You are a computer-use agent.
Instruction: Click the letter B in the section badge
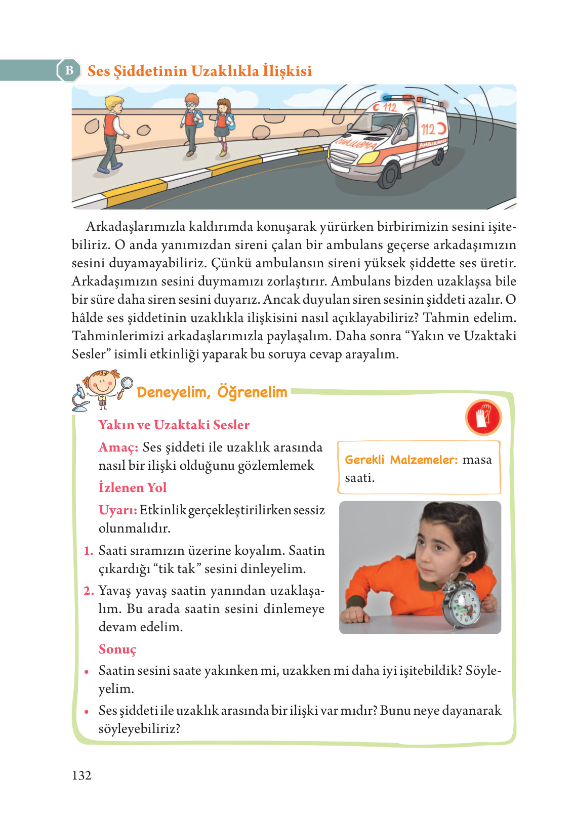point(69,71)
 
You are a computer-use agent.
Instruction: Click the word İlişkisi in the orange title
point(286,71)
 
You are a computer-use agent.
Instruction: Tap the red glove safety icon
point(483,418)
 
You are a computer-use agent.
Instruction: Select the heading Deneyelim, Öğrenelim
point(212,392)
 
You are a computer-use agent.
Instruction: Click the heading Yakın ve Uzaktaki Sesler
point(174,425)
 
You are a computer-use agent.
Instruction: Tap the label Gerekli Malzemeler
point(401,460)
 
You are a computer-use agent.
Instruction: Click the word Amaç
point(118,447)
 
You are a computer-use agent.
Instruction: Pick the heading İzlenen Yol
point(133,487)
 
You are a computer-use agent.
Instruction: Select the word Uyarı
point(117,510)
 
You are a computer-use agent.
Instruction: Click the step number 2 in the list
point(89,591)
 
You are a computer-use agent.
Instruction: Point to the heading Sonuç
point(117,649)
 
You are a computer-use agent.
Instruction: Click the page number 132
point(81,775)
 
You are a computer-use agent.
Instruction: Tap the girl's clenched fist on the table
point(356,614)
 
